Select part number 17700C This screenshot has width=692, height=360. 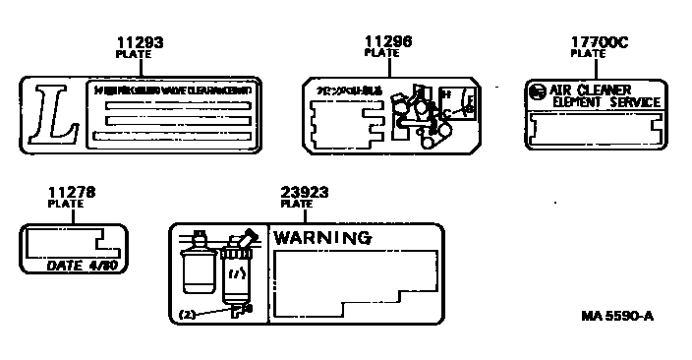click(598, 43)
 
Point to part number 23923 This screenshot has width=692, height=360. click(303, 193)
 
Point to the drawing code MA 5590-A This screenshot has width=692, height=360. click(616, 317)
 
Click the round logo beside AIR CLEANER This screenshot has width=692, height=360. click(537, 93)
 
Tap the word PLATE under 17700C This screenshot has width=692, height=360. click(589, 55)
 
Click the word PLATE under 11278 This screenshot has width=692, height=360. click(65, 204)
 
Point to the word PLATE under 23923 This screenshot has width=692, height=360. click(296, 205)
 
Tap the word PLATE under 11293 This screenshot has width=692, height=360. click(134, 55)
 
